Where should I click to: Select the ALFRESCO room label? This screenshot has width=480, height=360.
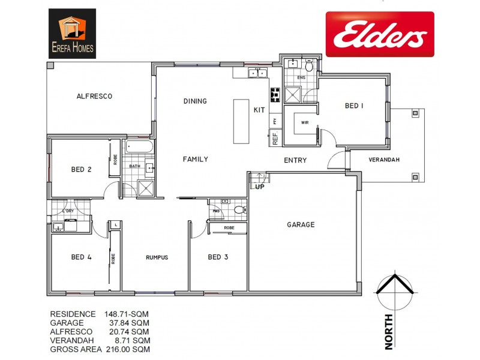(95, 96)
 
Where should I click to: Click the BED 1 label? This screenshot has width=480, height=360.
(354, 106)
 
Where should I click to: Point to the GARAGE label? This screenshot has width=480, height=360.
(301, 224)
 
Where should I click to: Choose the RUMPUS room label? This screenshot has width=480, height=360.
(157, 257)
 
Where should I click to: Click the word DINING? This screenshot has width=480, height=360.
(195, 101)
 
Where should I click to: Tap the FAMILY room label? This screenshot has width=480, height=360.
(196, 160)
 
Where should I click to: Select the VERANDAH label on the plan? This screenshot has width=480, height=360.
(384, 160)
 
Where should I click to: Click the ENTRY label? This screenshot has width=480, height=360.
(295, 160)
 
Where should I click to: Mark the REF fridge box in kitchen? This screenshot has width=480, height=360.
(275, 139)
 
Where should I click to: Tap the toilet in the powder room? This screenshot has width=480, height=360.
(239, 210)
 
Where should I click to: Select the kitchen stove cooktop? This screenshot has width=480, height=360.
(275, 94)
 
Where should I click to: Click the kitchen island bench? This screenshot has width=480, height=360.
(241, 122)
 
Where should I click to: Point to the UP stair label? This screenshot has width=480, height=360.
(259, 187)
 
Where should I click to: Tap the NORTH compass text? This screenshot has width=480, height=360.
(388, 331)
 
